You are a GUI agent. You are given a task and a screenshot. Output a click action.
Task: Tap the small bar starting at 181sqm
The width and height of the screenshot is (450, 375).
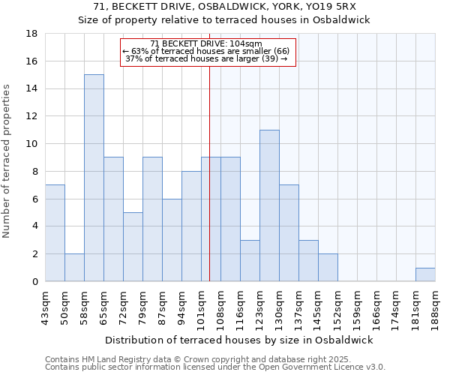[425, 274]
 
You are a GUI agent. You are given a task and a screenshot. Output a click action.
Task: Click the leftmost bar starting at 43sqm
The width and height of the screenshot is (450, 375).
[55, 233]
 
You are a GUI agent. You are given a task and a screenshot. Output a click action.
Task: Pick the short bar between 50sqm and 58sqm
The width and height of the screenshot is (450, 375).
[74, 268]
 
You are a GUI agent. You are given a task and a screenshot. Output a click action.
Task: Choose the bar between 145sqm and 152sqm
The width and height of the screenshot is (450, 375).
[328, 268]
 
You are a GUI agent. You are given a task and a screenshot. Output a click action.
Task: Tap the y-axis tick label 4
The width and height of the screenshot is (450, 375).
[34, 226]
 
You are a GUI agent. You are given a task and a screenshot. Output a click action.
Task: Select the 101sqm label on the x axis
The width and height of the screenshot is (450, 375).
[201, 306]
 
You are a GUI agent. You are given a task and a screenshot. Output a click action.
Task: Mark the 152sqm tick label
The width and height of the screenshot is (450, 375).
[337, 306]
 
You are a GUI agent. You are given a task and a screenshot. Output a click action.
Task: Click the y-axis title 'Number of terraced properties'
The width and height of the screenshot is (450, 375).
[7, 161]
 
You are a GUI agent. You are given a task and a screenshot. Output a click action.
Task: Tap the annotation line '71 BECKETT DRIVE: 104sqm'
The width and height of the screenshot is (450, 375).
[205, 43]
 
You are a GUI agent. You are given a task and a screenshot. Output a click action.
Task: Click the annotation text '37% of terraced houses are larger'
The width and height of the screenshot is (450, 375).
[205, 58]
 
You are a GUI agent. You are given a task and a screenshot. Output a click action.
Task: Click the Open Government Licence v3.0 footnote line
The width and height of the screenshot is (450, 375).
[214, 367]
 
